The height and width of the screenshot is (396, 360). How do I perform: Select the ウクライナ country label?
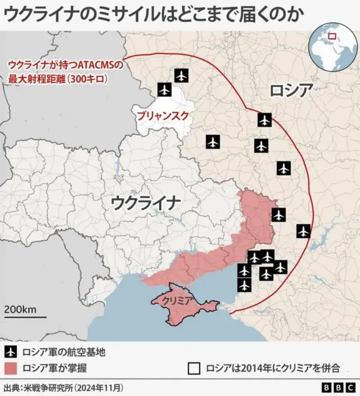coord(146,202)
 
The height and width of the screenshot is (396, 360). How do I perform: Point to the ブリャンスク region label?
coord(161,117)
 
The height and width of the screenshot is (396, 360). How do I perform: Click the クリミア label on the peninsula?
coord(178,301)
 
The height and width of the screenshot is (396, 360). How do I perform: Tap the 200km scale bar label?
coord(21,309)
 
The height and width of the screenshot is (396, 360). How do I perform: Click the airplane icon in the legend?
coord(11,353)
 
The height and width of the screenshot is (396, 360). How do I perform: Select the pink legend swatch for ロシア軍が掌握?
coord(11,368)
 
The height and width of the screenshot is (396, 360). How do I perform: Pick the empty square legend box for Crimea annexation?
coord(194,368)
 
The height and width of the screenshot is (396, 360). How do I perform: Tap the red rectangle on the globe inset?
coord(331,37)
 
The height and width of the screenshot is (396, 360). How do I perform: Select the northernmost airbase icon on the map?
coord(181,75)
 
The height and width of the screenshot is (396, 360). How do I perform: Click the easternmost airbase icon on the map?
coord(303,231)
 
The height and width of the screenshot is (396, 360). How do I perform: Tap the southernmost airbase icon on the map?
coord(244,285)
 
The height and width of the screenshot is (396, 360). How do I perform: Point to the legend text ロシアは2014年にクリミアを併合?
coord(273,368)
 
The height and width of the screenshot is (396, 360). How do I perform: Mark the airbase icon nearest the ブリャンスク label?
coord(164,89)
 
